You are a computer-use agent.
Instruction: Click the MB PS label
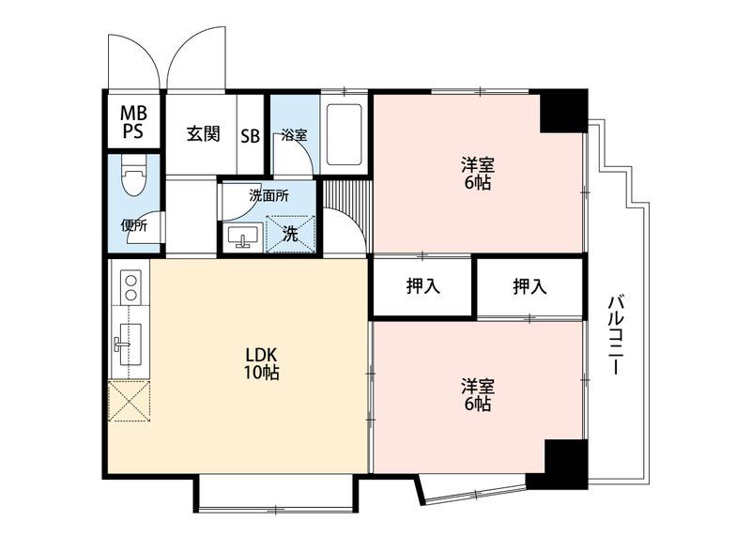pyautogui.click(x=132, y=122)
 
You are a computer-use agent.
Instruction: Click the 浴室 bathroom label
pyautogui.click(x=294, y=134)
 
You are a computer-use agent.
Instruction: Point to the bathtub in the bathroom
pyautogui.click(x=344, y=133)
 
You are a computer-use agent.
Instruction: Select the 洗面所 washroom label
pyautogui.click(x=268, y=196)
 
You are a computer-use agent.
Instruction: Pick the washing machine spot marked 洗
pyautogui.click(x=290, y=234)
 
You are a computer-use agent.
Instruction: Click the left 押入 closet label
pyautogui.click(x=422, y=287)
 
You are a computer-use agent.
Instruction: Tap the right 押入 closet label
pyautogui.click(x=529, y=287)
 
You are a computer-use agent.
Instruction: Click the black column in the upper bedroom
pyautogui.click(x=561, y=111)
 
